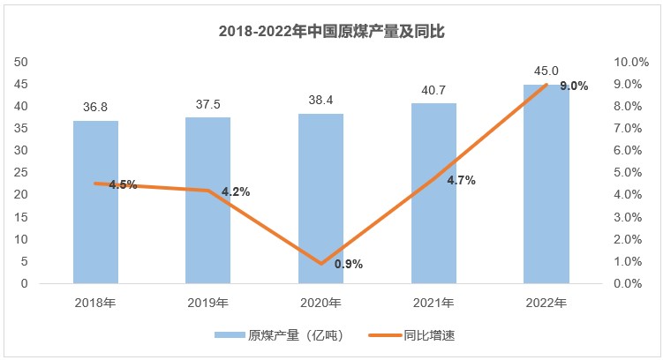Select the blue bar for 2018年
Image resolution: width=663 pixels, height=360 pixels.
click(95, 202)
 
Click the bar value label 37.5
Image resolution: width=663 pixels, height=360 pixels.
click(208, 104)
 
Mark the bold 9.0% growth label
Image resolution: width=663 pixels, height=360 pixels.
click(574, 86)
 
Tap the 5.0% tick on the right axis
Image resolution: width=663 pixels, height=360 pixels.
click(631, 173)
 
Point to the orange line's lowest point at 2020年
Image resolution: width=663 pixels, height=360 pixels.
click(321, 263)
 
